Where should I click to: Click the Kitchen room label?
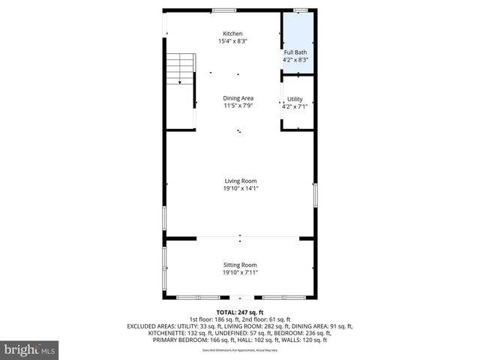[x=232, y=34]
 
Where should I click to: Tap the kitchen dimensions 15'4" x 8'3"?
[x=232, y=41]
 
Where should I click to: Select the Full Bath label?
[x=295, y=52]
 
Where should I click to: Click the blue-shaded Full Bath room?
[x=296, y=30]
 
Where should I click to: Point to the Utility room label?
[x=295, y=99]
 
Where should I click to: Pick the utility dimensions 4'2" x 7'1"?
[x=295, y=106]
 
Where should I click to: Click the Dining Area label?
[x=238, y=98]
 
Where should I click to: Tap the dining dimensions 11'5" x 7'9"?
[x=238, y=106]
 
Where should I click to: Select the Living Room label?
[x=240, y=181]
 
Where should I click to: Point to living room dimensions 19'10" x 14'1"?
[x=240, y=189]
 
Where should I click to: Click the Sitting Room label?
[x=240, y=265]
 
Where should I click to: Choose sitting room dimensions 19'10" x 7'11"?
[x=240, y=273]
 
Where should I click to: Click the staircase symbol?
[x=180, y=69]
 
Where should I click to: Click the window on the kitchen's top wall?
[x=223, y=10]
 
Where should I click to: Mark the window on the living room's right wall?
[x=315, y=196]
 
